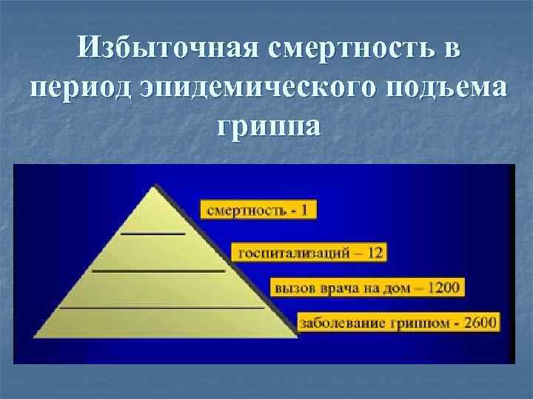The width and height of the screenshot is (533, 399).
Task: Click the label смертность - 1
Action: click(258, 210)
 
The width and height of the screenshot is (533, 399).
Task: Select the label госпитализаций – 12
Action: click(309, 252)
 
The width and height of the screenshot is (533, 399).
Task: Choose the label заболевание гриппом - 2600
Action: click(398, 322)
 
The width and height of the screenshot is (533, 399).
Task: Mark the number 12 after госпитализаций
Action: click(375, 252)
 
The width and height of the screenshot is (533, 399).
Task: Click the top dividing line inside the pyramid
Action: click(153, 233)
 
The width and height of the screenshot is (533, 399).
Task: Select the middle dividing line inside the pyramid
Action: click(157, 271)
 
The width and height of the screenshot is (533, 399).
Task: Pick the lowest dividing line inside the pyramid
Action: click(161, 306)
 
